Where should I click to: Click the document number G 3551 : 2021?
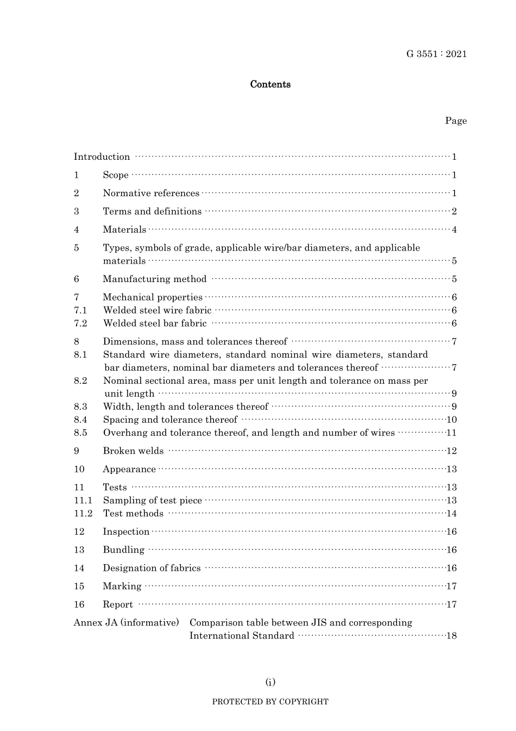(436, 54)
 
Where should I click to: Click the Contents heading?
(270, 84)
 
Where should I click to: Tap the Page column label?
(456, 121)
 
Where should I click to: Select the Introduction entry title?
(102, 157)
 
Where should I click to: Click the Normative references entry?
(151, 193)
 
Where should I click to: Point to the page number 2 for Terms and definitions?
(454, 211)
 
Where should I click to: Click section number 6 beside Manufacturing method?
(77, 279)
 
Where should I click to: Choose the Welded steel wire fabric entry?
(157, 310)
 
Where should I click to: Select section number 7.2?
(80, 323)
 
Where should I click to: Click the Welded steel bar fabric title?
(155, 323)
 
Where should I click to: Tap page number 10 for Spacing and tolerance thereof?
(451, 420)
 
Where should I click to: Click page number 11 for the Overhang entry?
(451, 433)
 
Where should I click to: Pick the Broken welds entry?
(133, 451)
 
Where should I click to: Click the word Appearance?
(129, 470)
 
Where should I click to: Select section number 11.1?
(83, 501)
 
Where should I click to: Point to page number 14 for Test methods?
(451, 514)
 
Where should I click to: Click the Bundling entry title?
(124, 550)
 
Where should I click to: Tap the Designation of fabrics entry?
(152, 568)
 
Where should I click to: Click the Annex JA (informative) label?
(126, 623)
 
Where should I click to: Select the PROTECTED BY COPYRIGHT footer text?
(270, 702)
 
